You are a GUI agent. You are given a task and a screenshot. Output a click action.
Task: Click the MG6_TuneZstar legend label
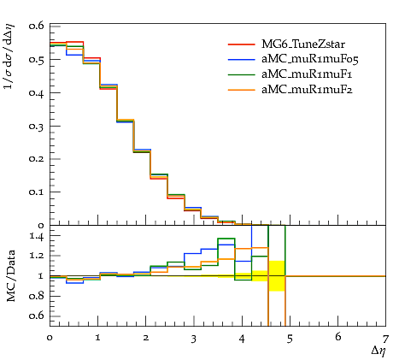(303, 44)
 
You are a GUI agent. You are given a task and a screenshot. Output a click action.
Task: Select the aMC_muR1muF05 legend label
(310, 59)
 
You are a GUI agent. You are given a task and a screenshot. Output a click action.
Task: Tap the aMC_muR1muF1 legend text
(307, 74)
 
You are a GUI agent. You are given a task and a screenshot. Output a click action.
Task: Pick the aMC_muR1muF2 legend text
(307, 90)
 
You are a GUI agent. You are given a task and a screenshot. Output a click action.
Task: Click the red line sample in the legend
(242, 44)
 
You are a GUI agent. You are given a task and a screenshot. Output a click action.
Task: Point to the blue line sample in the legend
(242, 59)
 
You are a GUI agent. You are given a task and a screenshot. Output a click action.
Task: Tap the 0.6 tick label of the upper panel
(37, 26)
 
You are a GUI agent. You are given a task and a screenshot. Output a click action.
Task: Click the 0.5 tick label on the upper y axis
(37, 60)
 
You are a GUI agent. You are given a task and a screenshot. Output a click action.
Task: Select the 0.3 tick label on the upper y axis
(37, 127)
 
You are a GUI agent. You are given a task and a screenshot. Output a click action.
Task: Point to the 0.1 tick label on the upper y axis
(37, 192)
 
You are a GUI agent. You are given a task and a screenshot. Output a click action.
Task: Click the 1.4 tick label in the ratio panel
(37, 236)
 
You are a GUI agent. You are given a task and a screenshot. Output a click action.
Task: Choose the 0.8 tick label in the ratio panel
(37, 296)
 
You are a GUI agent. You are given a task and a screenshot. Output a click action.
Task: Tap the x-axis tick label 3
(194, 339)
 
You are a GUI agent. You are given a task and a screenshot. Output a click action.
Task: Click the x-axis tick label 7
(385, 339)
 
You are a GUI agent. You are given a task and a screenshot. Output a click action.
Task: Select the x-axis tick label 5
(290, 339)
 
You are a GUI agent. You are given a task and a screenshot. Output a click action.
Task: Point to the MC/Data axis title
(11, 276)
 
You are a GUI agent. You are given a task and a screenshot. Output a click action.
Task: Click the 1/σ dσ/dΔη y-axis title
(9, 56)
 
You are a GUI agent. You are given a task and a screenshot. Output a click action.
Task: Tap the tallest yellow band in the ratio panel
(277, 276)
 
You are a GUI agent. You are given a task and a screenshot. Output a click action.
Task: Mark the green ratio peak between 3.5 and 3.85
(226, 239)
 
